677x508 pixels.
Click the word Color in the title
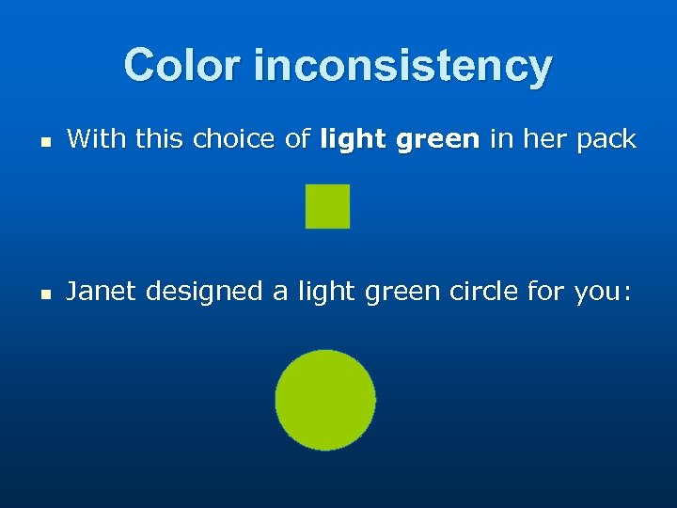point(183,66)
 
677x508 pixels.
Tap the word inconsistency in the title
point(402,66)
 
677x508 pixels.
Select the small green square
point(327,206)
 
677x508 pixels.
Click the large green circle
point(325,400)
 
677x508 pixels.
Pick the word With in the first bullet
point(97,140)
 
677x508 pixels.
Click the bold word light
point(354,140)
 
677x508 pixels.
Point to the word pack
point(605,140)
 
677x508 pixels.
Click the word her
point(543,140)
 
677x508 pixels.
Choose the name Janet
point(101,292)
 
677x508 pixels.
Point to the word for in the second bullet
point(544,292)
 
